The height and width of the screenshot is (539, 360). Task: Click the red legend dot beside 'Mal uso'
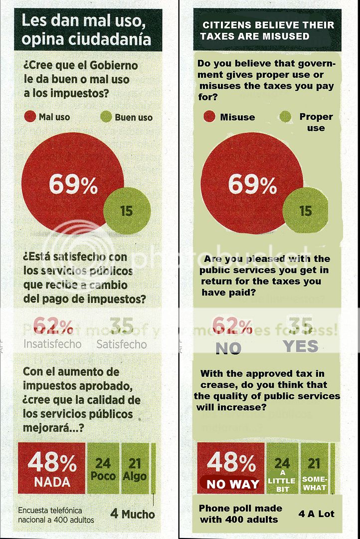pyautogui.click(x=30, y=117)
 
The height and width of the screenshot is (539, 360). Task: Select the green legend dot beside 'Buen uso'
pyautogui.click(x=106, y=117)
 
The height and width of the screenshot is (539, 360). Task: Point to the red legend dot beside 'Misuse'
pyautogui.click(x=210, y=117)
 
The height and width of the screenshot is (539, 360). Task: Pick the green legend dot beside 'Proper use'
pyautogui.click(x=285, y=117)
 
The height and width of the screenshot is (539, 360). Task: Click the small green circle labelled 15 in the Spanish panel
pyautogui.click(x=127, y=211)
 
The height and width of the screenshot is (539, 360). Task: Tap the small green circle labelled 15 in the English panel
pyautogui.click(x=305, y=210)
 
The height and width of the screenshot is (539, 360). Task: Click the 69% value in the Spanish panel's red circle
pyautogui.click(x=73, y=186)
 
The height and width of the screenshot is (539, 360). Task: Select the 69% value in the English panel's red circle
pyautogui.click(x=252, y=185)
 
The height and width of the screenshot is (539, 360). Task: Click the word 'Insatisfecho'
pyautogui.click(x=52, y=344)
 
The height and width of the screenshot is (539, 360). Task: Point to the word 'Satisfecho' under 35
pyautogui.click(x=122, y=344)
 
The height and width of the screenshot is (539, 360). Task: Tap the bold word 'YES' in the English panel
pyautogui.click(x=300, y=346)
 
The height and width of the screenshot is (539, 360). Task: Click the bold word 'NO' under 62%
pyautogui.click(x=229, y=348)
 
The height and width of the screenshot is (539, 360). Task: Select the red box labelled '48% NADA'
pyautogui.click(x=52, y=469)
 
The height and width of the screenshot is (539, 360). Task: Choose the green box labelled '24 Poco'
pyautogui.click(x=103, y=469)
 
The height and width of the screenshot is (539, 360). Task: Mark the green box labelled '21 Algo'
pyautogui.click(x=134, y=469)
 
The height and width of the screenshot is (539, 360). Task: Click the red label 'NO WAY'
pyautogui.click(x=233, y=484)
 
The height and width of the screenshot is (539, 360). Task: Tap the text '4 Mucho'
pyautogui.click(x=133, y=514)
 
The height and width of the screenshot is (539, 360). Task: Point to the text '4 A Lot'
pyautogui.click(x=317, y=513)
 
